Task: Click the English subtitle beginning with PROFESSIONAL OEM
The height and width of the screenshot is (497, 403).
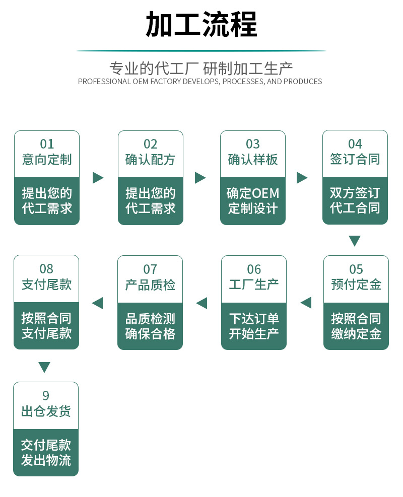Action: (x=200, y=82)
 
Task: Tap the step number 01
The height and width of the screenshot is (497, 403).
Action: (x=47, y=144)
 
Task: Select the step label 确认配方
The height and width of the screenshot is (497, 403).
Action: (x=150, y=160)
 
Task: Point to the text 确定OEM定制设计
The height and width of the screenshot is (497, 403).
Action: (x=253, y=200)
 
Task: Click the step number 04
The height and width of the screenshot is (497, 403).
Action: (x=355, y=144)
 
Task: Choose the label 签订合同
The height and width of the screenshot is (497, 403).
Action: (x=355, y=160)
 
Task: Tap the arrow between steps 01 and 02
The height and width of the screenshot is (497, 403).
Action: (x=98, y=178)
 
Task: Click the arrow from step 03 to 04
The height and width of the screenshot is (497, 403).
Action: (x=302, y=178)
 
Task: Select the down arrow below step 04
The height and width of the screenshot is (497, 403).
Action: (x=355, y=241)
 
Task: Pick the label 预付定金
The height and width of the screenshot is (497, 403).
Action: (x=356, y=285)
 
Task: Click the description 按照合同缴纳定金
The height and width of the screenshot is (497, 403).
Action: (x=356, y=326)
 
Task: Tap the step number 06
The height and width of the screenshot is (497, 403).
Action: (x=254, y=269)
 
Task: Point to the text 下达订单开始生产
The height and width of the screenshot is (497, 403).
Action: (x=254, y=326)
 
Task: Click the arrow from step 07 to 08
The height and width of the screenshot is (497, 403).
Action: (x=97, y=303)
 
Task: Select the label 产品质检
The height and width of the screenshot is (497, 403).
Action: (x=150, y=285)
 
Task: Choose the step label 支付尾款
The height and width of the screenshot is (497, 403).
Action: (x=46, y=285)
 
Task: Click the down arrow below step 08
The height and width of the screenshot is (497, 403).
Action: (x=45, y=368)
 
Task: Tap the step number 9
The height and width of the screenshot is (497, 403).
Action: (x=46, y=396)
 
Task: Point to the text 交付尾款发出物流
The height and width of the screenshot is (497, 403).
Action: (x=46, y=452)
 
